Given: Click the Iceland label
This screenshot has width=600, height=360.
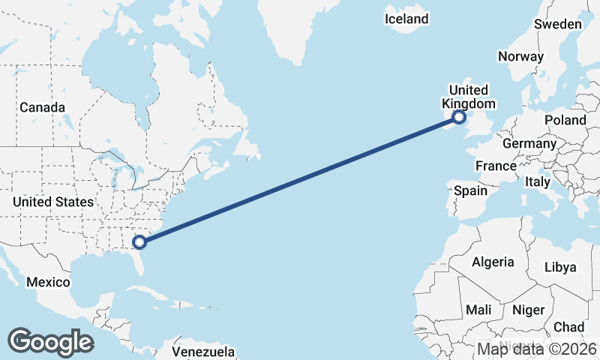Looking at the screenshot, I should [x=406, y=19].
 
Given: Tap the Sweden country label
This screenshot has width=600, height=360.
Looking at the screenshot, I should [x=557, y=25].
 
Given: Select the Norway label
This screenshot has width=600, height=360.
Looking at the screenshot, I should [x=520, y=57].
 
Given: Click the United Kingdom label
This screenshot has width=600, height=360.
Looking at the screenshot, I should [x=469, y=97].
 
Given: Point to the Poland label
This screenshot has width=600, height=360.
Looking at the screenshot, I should [x=565, y=120].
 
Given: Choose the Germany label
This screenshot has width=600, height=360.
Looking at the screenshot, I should [x=529, y=143].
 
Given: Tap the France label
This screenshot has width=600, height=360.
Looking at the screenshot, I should [x=496, y=166].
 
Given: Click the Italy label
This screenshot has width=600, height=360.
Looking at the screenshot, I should [x=538, y=181].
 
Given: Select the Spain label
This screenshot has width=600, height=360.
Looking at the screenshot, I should [x=470, y=190].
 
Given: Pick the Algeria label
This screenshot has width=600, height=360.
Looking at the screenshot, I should [x=493, y=262].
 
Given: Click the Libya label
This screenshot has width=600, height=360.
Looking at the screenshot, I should [x=560, y=267].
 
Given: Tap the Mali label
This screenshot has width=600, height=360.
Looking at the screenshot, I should [x=478, y=309].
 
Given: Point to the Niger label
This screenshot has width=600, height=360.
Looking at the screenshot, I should [x=526, y=309].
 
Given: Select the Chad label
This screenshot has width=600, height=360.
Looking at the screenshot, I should [x=568, y=327].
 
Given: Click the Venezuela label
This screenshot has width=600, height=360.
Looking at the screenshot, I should [x=203, y=352].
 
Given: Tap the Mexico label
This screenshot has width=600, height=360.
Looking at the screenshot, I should [x=48, y=283].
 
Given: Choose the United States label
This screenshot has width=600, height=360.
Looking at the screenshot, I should [x=53, y=202].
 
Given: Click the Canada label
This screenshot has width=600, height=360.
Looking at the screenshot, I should [x=42, y=108].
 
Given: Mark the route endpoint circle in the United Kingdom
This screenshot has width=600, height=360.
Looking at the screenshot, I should [x=459, y=117].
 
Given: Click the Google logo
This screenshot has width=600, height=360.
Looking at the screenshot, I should [x=50, y=341].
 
